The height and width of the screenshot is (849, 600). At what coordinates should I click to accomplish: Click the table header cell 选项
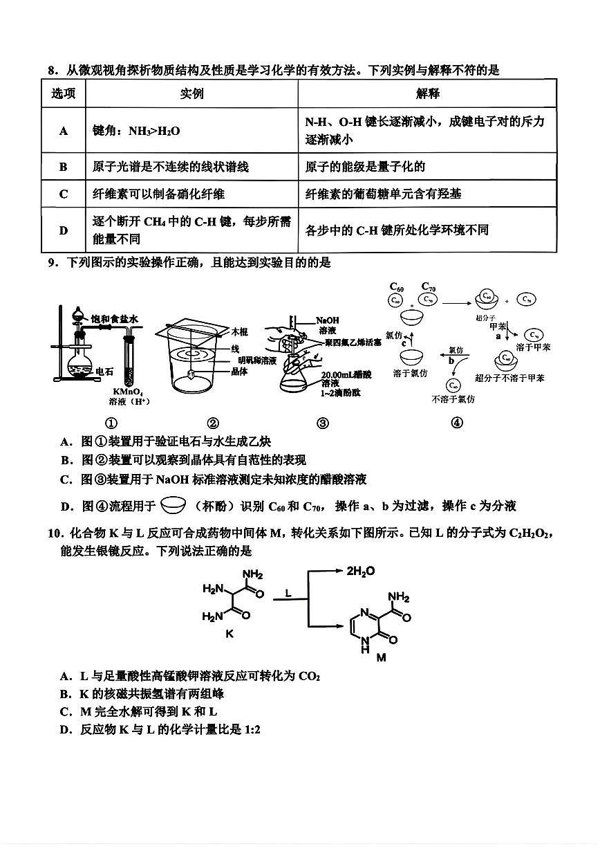point(64,93)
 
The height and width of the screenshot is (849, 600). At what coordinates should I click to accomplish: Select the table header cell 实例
point(191,93)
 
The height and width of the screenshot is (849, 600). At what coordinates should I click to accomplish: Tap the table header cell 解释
point(427,93)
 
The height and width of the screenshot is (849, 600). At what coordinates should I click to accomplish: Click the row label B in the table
point(64,166)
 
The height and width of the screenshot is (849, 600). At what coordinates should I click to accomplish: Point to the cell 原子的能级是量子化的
point(365,166)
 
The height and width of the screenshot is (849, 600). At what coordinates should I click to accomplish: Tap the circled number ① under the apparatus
point(111,423)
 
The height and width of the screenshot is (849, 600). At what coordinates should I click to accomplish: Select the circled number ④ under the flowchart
point(456,423)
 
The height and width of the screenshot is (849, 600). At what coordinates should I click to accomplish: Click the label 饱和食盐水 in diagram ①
point(115,319)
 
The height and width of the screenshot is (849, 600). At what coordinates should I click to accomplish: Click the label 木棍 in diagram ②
point(239,331)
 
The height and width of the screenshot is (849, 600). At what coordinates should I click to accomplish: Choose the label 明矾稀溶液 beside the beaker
point(256,360)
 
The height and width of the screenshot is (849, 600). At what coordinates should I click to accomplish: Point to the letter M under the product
point(381,658)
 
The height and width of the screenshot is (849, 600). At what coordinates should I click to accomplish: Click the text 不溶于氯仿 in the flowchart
point(453,399)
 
